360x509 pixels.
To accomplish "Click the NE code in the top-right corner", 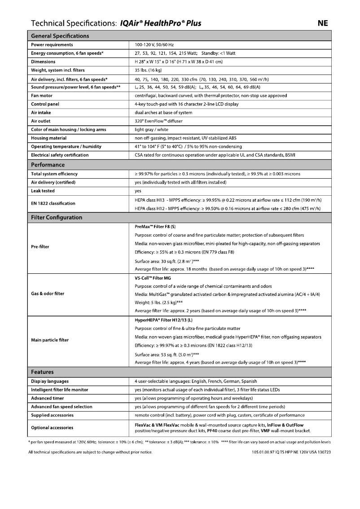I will pos(323,23).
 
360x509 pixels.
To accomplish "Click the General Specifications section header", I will pos(60,36).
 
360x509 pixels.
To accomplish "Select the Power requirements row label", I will pos(52,45).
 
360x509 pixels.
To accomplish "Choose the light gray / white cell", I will pos(154,129).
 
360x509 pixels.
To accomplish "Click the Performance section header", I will pos(48,165).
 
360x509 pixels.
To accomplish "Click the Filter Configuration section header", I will pos(57,217).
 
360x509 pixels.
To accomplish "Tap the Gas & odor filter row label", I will pos(48,294).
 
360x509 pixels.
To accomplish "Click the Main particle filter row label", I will pos(50,340).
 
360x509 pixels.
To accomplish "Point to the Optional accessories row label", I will pos(52,428).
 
